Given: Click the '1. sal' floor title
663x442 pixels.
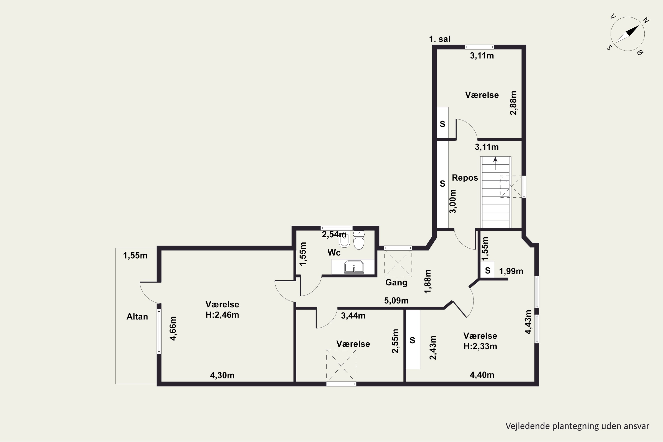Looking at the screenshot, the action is (440, 39).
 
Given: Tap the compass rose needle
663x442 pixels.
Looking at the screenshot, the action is (627, 34).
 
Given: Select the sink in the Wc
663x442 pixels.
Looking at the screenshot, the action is (354, 267).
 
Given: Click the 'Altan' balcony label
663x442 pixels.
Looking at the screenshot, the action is (137, 316).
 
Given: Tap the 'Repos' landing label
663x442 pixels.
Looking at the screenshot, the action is (465, 178).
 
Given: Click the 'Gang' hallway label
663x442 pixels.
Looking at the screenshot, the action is (396, 282).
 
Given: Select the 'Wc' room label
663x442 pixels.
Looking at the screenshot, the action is (334, 253).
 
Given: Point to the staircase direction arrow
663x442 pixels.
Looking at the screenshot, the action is (495, 164).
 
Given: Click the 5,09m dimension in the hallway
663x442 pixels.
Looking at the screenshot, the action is (396, 301).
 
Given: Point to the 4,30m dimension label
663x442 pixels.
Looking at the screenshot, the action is (222, 375).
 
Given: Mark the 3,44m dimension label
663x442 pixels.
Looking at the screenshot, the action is (353, 316).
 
